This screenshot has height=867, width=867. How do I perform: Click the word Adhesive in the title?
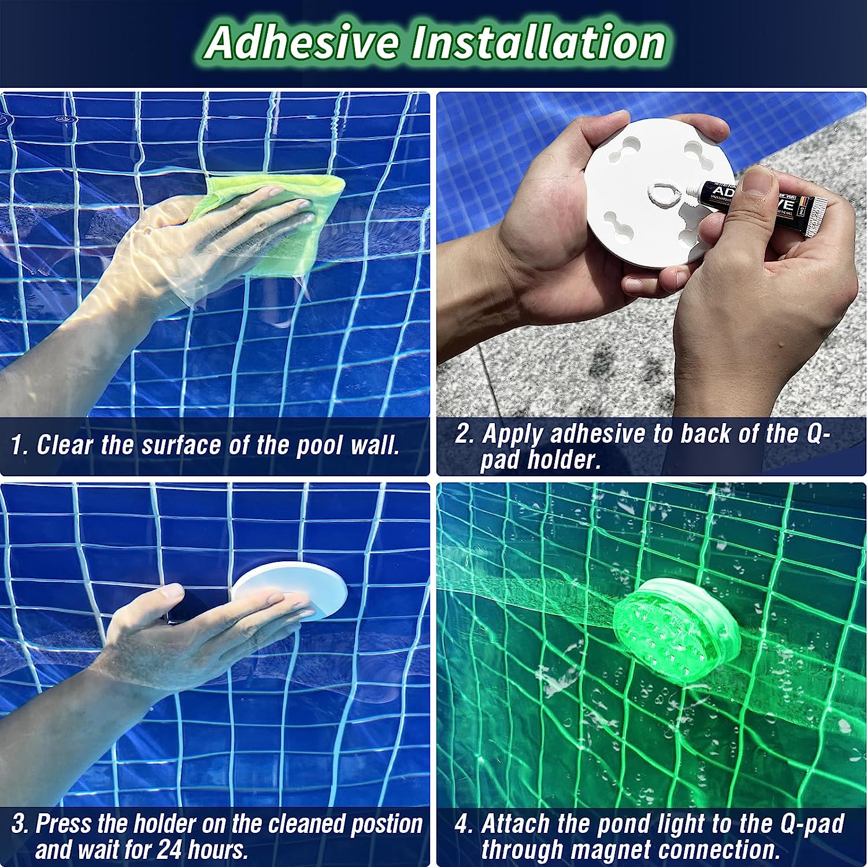point(302,42)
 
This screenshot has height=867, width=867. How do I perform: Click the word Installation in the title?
point(538,42)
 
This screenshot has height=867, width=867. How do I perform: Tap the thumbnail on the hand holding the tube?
point(757,183)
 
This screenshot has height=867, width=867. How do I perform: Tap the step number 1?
point(18,445)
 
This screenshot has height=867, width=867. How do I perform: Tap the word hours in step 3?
point(218,850)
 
